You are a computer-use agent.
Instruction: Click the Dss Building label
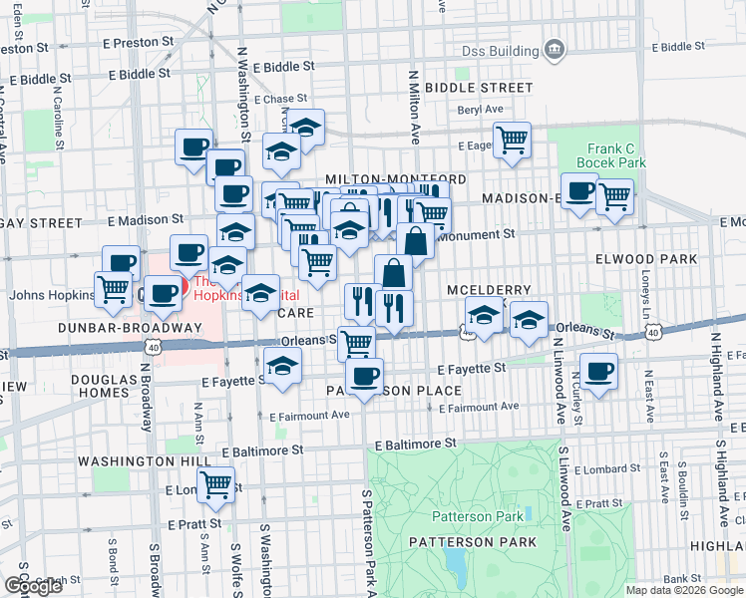(x=500, y=51)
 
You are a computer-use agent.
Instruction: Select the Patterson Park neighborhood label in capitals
(x=472, y=542)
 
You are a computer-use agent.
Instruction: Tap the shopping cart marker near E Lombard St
(x=215, y=484)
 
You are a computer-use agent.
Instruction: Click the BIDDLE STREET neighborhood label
(x=478, y=88)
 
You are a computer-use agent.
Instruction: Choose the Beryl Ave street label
(x=481, y=111)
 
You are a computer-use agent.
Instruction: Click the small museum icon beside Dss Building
(x=555, y=50)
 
